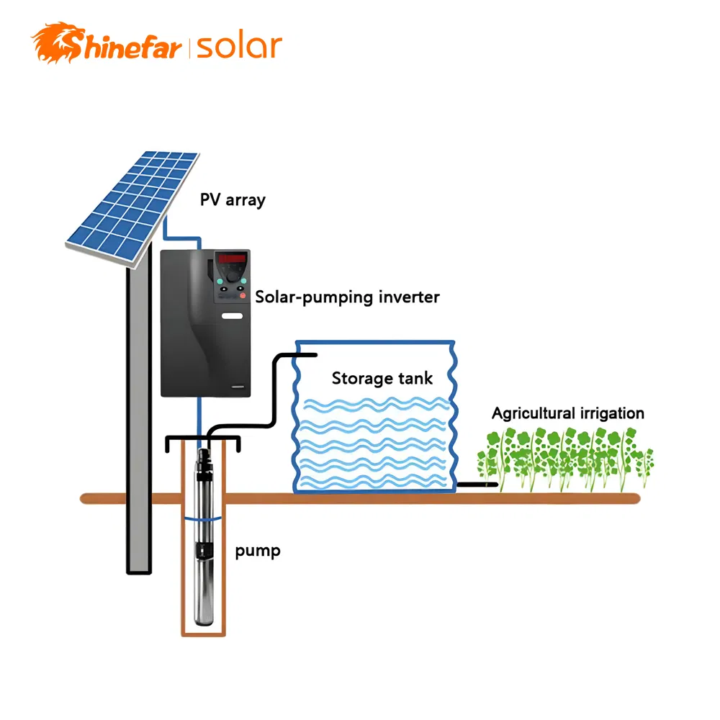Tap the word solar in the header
coord(238,47)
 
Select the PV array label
coord(233,199)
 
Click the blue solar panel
coord(132,205)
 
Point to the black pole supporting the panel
coord(139,418)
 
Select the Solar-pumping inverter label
coord(348,297)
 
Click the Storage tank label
coord(382,378)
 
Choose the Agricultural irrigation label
coord(567,413)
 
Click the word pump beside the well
coord(258,552)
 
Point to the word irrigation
coord(611,413)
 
